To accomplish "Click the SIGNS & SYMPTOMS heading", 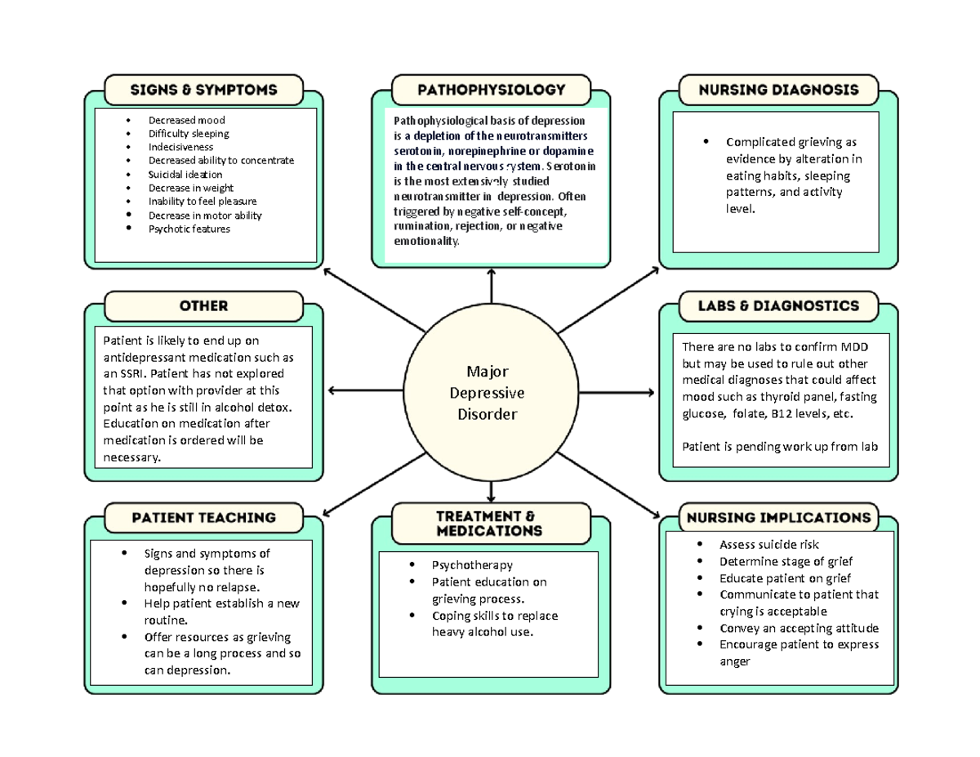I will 204,90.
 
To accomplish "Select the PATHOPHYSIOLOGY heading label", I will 491,90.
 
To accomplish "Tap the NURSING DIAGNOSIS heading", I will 777,90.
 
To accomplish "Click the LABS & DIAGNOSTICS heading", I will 777,306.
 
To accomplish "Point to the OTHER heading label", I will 204,306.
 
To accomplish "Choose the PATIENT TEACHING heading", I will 204,518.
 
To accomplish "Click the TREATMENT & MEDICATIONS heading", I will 491,523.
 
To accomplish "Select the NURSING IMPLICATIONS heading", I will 777,518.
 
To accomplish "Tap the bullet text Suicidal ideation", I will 185,174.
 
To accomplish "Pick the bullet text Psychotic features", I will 189,229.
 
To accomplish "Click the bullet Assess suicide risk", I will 768,545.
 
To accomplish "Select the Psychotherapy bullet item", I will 472,565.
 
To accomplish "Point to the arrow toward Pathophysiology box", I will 491,286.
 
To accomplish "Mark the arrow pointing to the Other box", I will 363,391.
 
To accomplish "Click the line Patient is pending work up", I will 779,447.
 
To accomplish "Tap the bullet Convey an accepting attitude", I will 799,628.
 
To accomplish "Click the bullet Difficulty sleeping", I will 188,133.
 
